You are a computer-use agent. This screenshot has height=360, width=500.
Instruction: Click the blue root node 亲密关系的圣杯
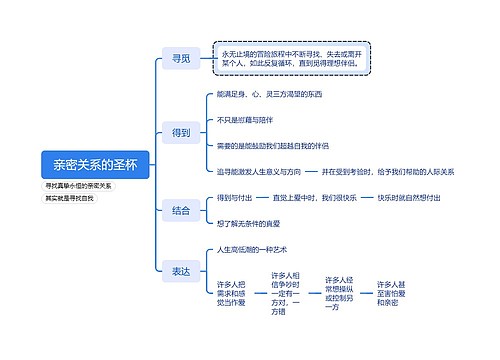(95, 164)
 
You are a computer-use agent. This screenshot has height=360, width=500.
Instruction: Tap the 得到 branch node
(181, 132)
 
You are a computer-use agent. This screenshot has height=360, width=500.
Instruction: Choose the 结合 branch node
(181, 210)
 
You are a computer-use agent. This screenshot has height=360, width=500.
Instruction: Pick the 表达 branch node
(181, 271)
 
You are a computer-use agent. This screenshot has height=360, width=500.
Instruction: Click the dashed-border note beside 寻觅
(292, 58)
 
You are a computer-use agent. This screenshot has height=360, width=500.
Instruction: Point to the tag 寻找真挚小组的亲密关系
(79, 187)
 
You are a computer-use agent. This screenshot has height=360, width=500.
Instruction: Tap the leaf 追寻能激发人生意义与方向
(260, 171)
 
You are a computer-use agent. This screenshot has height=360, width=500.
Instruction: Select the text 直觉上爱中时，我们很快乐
(312, 198)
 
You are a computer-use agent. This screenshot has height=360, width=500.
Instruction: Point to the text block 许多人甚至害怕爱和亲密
(391, 294)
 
